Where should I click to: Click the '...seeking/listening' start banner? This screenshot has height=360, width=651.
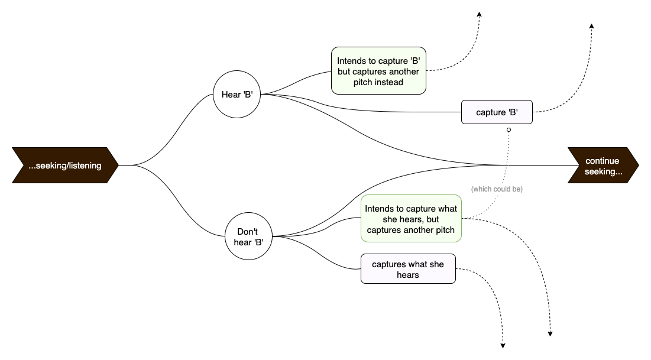[x=65, y=166]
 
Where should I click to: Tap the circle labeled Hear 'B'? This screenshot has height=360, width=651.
[x=237, y=95]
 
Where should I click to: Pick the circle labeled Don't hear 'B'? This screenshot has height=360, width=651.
[x=249, y=236]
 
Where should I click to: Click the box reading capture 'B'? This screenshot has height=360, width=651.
[x=497, y=112]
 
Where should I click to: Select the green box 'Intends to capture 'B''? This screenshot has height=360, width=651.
[x=378, y=71]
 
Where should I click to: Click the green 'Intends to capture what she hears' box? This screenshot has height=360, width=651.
[x=411, y=219]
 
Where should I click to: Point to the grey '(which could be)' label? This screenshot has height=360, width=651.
[x=497, y=189]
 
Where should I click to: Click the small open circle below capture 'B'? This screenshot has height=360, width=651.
[x=508, y=129]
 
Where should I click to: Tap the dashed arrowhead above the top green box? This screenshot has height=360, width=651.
[x=480, y=15]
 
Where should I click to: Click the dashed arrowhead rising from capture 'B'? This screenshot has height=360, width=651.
[x=591, y=27]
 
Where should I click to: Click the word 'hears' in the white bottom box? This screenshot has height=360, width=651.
[x=408, y=275]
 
